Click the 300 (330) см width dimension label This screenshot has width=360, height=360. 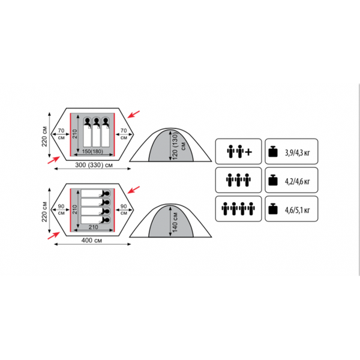point(94,165)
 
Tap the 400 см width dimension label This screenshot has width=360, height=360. point(92,241)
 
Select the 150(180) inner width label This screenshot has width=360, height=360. point(92,152)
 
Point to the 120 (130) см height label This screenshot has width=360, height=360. point(178,146)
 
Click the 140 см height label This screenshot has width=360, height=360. point(175,222)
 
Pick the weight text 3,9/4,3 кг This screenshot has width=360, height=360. point(298,152)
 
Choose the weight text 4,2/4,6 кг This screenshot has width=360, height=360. point(298,181)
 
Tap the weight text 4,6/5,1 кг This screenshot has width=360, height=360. point(298,210)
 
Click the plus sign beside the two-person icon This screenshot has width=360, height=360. point(248,152)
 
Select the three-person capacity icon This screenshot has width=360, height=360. point(238,180)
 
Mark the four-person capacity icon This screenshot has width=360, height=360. point(238,209)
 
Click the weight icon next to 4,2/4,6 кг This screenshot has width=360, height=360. point(273,181)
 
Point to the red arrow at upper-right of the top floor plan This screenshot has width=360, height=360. point(134,114)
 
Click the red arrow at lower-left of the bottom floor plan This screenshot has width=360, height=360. point(54,236)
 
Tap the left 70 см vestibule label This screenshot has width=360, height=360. point(61,134)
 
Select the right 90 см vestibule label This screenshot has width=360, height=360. point(124,209)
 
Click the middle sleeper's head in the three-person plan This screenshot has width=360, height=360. point(97,121)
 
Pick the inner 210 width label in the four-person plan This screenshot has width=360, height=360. point(94,227)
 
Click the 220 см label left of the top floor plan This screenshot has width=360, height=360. point(44,136)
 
